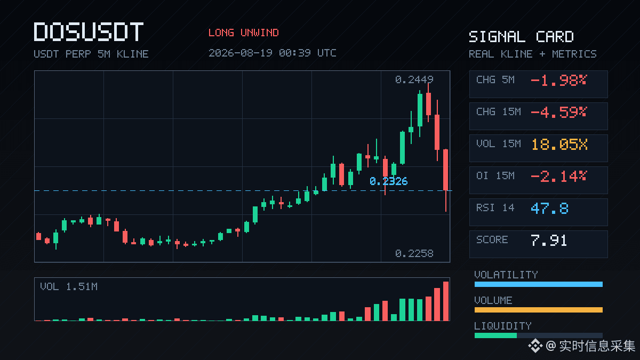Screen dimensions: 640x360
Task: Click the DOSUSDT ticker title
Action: (x=89, y=31)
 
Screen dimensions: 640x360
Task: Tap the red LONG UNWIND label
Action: (x=243, y=33)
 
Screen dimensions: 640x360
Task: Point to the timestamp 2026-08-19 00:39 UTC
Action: (x=273, y=53)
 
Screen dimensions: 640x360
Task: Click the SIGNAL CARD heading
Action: (x=521, y=37)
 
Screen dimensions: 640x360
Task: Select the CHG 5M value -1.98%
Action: (x=559, y=81)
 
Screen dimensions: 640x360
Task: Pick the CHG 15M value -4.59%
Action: (x=559, y=113)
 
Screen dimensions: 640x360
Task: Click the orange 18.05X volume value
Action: (x=559, y=145)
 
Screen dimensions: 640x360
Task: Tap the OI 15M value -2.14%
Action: (x=559, y=177)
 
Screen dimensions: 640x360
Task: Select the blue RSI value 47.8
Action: (x=550, y=209)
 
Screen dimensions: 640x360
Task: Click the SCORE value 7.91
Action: (x=549, y=241)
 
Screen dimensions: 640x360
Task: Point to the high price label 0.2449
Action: (x=414, y=79)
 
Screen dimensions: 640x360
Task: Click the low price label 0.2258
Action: (x=414, y=253)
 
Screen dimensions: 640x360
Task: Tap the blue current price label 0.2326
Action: (x=389, y=181)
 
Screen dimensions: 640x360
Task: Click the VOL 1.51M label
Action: (x=69, y=286)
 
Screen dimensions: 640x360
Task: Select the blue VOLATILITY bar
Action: (x=539, y=284)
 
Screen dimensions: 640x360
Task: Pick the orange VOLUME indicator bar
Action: (x=539, y=310)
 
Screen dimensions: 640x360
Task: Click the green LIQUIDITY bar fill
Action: (x=495, y=335)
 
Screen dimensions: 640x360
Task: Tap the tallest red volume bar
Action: (x=446, y=301)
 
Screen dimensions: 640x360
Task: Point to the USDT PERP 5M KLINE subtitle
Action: (x=91, y=54)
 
